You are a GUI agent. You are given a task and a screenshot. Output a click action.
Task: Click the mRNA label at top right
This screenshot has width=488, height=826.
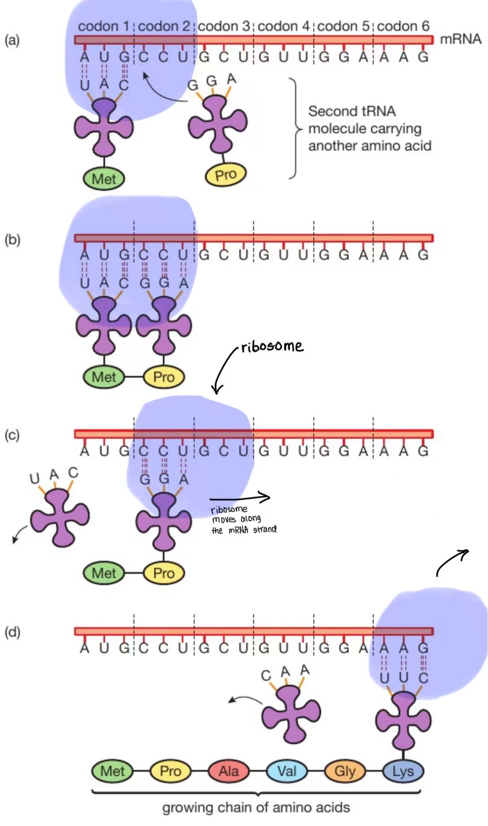tap(460, 39)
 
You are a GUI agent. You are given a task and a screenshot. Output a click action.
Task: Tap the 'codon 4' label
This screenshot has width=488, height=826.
tap(283, 26)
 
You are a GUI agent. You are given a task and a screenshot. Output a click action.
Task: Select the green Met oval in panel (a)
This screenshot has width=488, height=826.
tap(104, 179)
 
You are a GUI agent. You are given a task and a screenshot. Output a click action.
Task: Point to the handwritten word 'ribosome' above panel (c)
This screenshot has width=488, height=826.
tap(272, 346)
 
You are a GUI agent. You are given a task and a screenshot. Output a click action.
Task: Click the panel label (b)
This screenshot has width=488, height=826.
tap(12, 239)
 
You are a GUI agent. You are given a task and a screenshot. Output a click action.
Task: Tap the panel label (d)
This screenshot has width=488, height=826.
tap(12, 632)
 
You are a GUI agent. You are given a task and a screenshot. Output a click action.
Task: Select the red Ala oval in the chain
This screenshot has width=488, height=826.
tap(228, 771)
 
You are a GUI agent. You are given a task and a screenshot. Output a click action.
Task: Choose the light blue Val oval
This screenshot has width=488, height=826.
tap(287, 771)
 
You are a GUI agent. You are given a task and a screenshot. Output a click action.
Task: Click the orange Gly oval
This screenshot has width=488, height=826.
tap(345, 771)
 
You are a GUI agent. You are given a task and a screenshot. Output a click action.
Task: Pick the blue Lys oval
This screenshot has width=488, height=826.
tap(403, 771)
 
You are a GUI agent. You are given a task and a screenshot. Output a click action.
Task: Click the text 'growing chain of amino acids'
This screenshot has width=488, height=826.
tap(256, 808)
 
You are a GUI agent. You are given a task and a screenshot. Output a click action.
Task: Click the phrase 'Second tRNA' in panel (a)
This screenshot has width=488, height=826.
tap(352, 111)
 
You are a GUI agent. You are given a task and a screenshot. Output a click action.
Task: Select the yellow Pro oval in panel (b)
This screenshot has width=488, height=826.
tap(164, 377)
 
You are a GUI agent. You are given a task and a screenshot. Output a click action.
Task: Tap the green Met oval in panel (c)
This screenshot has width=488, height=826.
tap(104, 573)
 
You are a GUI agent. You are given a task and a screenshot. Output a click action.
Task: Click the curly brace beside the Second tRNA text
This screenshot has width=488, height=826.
tap(295, 128)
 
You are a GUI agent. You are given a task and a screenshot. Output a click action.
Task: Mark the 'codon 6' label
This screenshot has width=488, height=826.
tap(403, 26)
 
